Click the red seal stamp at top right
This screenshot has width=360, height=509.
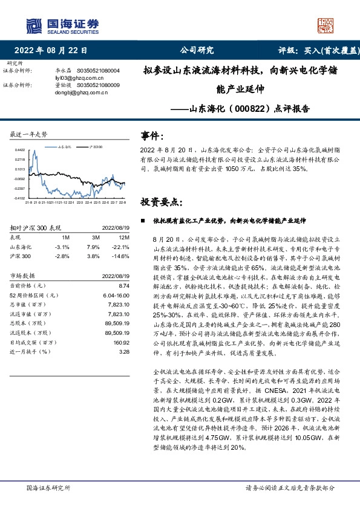pos(327,25)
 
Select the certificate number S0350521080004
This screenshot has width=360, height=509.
pos(99,71)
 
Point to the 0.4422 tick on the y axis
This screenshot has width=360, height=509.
pos(21,151)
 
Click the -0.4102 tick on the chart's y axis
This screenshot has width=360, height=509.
pos(20,198)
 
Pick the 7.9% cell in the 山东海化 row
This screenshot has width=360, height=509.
pos(93,247)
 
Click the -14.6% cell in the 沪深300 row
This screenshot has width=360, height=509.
pos(122,256)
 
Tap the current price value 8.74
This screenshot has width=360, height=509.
pos(125,285)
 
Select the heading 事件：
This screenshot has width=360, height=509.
pos(152,135)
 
